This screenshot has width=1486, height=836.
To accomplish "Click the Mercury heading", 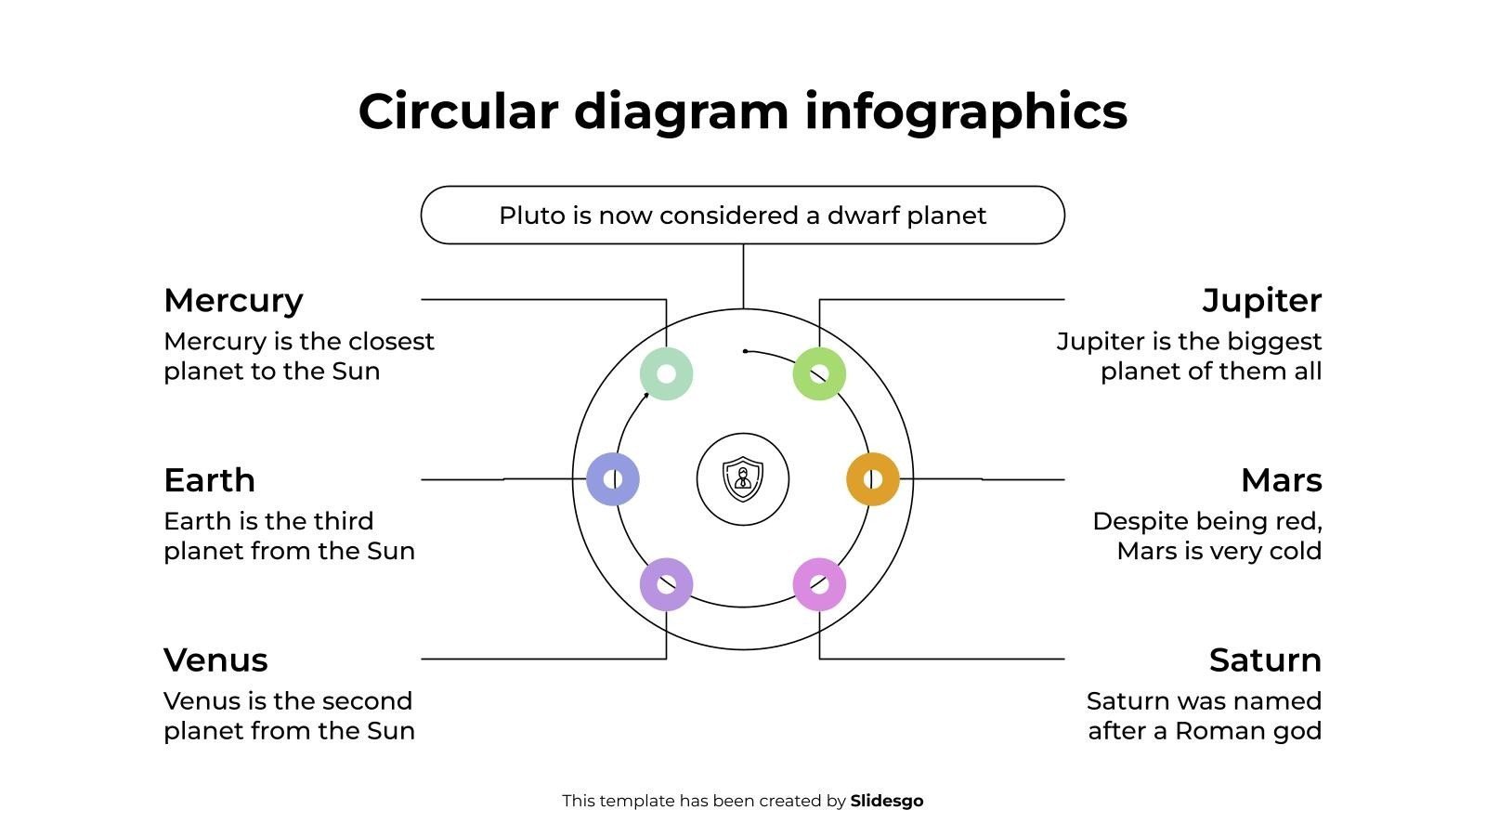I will click(233, 301).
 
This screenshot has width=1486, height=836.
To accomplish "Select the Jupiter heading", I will click(1261, 301).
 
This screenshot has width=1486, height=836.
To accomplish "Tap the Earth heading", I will click(209, 480).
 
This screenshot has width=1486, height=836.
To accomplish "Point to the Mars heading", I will click(1281, 480).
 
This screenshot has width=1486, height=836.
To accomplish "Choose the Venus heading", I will click(215, 660).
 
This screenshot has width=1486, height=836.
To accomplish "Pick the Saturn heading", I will click(1265, 660).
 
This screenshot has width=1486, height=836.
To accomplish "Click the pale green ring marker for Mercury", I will click(666, 374).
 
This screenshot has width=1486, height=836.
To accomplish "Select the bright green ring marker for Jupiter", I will click(819, 374).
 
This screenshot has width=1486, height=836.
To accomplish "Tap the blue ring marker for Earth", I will click(613, 479).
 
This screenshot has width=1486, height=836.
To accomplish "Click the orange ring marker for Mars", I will click(873, 479).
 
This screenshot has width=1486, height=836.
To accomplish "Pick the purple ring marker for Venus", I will click(666, 584).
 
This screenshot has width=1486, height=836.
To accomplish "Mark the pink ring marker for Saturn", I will click(819, 584).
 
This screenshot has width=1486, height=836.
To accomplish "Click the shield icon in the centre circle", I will click(743, 479).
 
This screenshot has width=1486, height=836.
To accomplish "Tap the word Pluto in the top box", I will click(532, 216).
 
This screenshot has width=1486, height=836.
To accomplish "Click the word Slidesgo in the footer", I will click(887, 801).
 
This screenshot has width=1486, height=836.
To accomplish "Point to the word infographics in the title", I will click(966, 111).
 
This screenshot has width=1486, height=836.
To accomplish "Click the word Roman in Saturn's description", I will click(1218, 731).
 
